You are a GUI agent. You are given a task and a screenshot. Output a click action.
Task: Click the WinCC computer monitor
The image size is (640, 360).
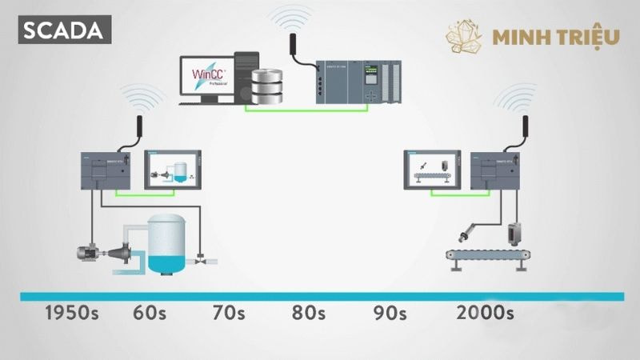tap(206, 78)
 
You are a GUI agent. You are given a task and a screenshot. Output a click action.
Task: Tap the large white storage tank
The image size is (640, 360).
tap(166, 238)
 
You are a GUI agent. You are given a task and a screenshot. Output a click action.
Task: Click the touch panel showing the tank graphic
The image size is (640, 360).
tap(172, 170)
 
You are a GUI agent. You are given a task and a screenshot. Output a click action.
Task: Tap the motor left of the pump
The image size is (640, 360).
tap(89, 252)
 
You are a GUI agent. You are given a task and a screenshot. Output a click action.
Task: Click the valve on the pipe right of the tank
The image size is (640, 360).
tap(200, 258)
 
